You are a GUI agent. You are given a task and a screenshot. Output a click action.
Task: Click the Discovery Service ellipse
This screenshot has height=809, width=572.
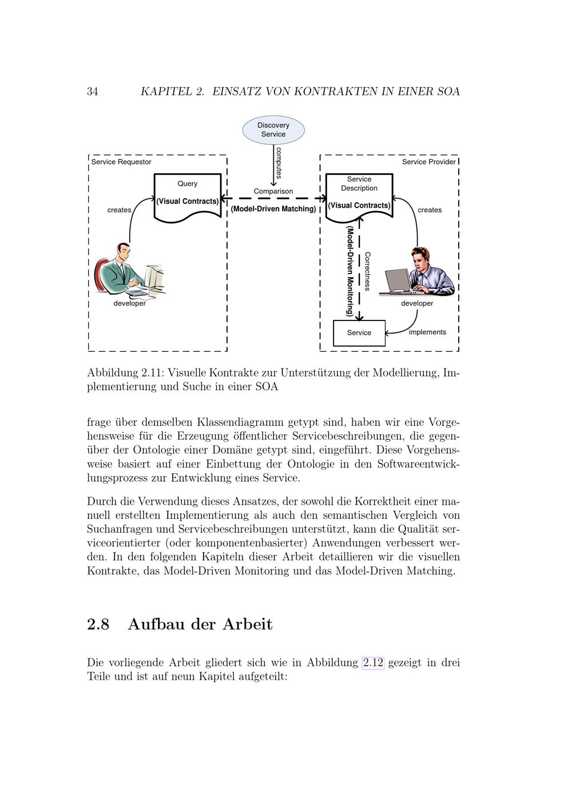[x=273, y=130]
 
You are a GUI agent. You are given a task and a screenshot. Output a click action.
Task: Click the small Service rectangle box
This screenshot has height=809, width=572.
[x=359, y=333]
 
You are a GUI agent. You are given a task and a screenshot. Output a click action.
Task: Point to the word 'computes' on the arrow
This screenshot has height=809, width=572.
[x=279, y=163]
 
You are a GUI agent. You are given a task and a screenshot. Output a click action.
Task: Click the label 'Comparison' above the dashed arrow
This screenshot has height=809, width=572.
[x=273, y=191]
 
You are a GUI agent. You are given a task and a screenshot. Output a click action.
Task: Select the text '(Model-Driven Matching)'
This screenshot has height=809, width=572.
[x=273, y=209]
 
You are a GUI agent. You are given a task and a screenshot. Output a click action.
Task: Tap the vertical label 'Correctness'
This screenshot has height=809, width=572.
[x=367, y=271]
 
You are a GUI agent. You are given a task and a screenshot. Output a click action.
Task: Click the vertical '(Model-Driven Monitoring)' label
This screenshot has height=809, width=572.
[x=350, y=271]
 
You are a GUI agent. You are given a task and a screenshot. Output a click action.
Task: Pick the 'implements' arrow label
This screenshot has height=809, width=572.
[x=427, y=332]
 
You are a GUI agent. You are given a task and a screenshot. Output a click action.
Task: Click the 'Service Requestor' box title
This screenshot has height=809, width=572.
[x=121, y=162]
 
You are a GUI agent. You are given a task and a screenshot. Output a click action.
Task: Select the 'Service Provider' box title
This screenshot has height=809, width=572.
[x=428, y=162]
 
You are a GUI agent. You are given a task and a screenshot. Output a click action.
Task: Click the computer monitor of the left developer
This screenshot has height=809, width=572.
[x=153, y=277]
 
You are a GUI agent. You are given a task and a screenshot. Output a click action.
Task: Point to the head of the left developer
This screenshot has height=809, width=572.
[x=123, y=251]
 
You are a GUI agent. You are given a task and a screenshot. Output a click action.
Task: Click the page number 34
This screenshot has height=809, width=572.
[x=93, y=92]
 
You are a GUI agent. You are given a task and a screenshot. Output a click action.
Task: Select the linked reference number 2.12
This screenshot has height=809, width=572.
[x=373, y=663]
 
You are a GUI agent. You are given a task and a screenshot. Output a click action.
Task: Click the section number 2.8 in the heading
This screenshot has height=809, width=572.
[x=98, y=624]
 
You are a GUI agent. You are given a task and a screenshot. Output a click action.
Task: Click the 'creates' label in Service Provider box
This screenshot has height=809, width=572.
[x=430, y=210]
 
